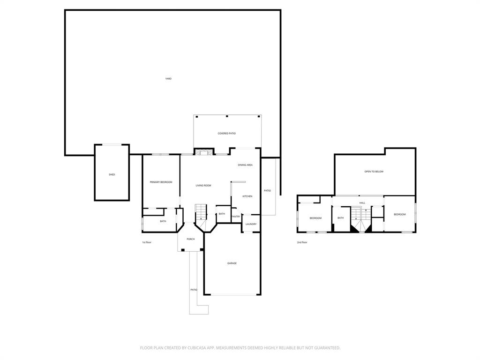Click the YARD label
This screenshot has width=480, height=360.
tap(168, 79)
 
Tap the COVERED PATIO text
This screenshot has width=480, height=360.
tap(226, 134)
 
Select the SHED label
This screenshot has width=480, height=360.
tap(112, 175)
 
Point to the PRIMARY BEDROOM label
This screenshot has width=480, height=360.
tap(161, 182)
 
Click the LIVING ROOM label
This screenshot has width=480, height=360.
tap(203, 186)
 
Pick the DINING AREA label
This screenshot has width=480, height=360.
tap(245, 165)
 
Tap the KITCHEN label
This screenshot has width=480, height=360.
tap(247, 196)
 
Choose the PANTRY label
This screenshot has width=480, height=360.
tap(236, 217)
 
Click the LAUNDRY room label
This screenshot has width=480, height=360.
tap(251, 224)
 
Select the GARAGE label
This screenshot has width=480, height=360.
tap(232, 263)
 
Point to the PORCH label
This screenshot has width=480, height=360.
tap(191, 240)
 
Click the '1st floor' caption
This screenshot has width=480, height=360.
tap(147, 242)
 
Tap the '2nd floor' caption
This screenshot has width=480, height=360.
tap(302, 242)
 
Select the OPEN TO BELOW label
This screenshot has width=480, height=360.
tap(374, 172)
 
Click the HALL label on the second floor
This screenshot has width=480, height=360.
tap(362, 203)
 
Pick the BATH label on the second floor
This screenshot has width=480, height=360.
tap(340, 218)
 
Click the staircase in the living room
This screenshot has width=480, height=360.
tap(201, 213)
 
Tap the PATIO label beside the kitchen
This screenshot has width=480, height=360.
tap(267, 191)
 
